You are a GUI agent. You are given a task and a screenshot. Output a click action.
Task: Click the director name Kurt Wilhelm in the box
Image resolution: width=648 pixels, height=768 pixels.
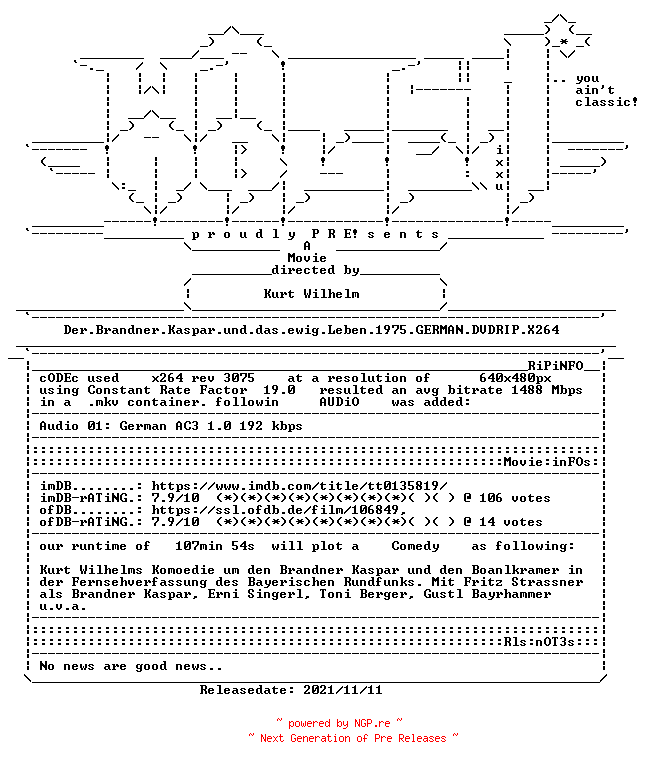click(312, 294)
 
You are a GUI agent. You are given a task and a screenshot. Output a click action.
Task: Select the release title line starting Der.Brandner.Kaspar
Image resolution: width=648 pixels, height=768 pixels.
click(312, 330)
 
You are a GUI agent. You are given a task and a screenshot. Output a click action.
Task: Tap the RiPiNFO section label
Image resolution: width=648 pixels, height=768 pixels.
click(555, 366)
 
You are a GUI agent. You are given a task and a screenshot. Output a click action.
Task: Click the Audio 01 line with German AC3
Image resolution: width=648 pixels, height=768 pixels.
click(171, 426)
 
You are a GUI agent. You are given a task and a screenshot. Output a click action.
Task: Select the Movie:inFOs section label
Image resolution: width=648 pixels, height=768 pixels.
click(548, 462)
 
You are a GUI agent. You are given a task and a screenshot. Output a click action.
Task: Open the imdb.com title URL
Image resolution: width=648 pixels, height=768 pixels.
click(299, 486)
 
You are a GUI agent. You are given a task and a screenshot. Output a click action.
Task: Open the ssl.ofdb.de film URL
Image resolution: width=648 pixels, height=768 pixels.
click(279, 510)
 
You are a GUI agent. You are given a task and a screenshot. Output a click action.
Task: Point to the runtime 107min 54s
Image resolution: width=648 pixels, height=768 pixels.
click(215, 546)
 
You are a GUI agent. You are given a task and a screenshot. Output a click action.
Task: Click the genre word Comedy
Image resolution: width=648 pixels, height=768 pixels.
click(415, 546)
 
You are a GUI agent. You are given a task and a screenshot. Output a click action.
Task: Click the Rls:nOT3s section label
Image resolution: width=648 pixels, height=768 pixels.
click(539, 642)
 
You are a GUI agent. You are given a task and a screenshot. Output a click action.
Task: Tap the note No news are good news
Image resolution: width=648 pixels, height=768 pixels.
click(131, 666)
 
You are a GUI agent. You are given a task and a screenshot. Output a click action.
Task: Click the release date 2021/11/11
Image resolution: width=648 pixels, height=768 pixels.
click(343, 690)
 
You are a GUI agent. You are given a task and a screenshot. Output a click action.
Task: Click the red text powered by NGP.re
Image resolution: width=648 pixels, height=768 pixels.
click(339, 723)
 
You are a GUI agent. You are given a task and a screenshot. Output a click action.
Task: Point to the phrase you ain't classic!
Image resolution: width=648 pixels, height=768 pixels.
click(606, 91)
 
